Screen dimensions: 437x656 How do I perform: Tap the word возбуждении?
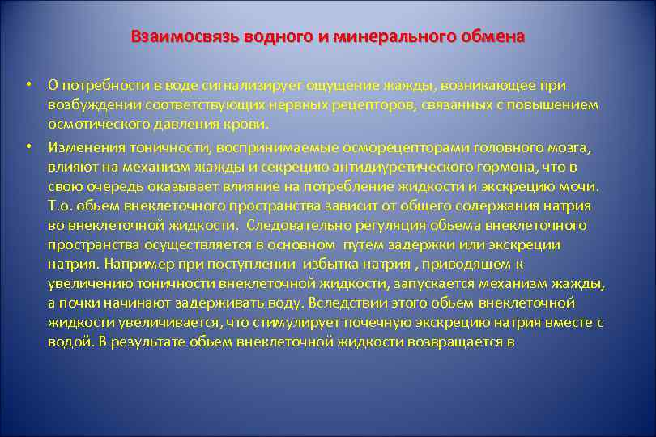89,106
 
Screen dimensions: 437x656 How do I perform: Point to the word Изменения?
83,146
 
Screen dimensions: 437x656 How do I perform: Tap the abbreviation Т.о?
60,206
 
